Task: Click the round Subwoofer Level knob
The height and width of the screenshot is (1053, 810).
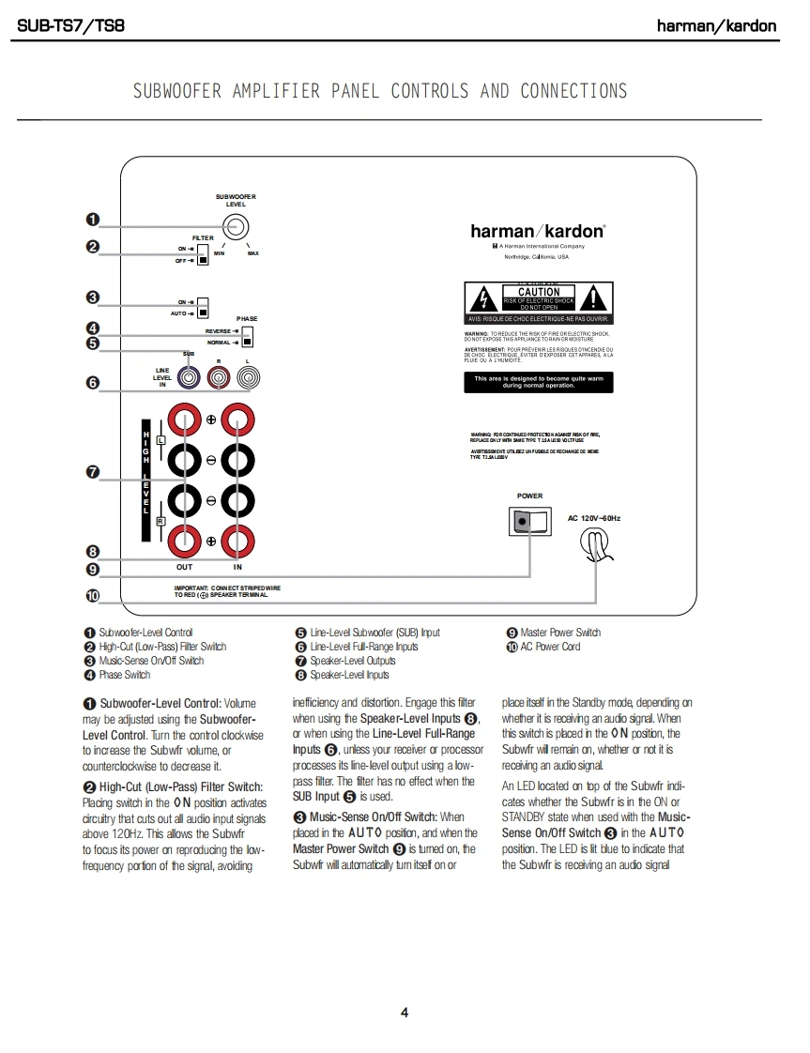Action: [236, 226]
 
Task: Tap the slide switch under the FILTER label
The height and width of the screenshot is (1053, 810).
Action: [202, 254]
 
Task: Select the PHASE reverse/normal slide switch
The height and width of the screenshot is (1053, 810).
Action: [247, 337]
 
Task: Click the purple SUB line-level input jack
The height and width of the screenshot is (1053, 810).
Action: [190, 377]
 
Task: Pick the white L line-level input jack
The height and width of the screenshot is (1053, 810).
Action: [248, 377]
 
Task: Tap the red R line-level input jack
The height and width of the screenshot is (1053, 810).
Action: [219, 377]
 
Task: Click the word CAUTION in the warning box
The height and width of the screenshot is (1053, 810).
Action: [538, 292]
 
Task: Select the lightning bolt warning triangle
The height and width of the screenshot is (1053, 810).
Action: [483, 299]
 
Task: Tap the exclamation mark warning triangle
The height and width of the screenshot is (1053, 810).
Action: [593, 299]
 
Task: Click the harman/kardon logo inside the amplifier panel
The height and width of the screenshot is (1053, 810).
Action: [538, 231]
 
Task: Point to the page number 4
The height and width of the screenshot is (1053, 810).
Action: [405, 1012]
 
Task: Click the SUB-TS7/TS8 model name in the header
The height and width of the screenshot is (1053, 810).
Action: [71, 25]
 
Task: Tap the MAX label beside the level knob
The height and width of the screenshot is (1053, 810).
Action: [252, 253]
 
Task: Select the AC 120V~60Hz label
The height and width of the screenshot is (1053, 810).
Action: [594, 518]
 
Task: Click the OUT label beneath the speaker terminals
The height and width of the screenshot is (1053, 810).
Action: [185, 567]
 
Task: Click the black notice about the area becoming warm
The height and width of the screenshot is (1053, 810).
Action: [538, 382]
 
